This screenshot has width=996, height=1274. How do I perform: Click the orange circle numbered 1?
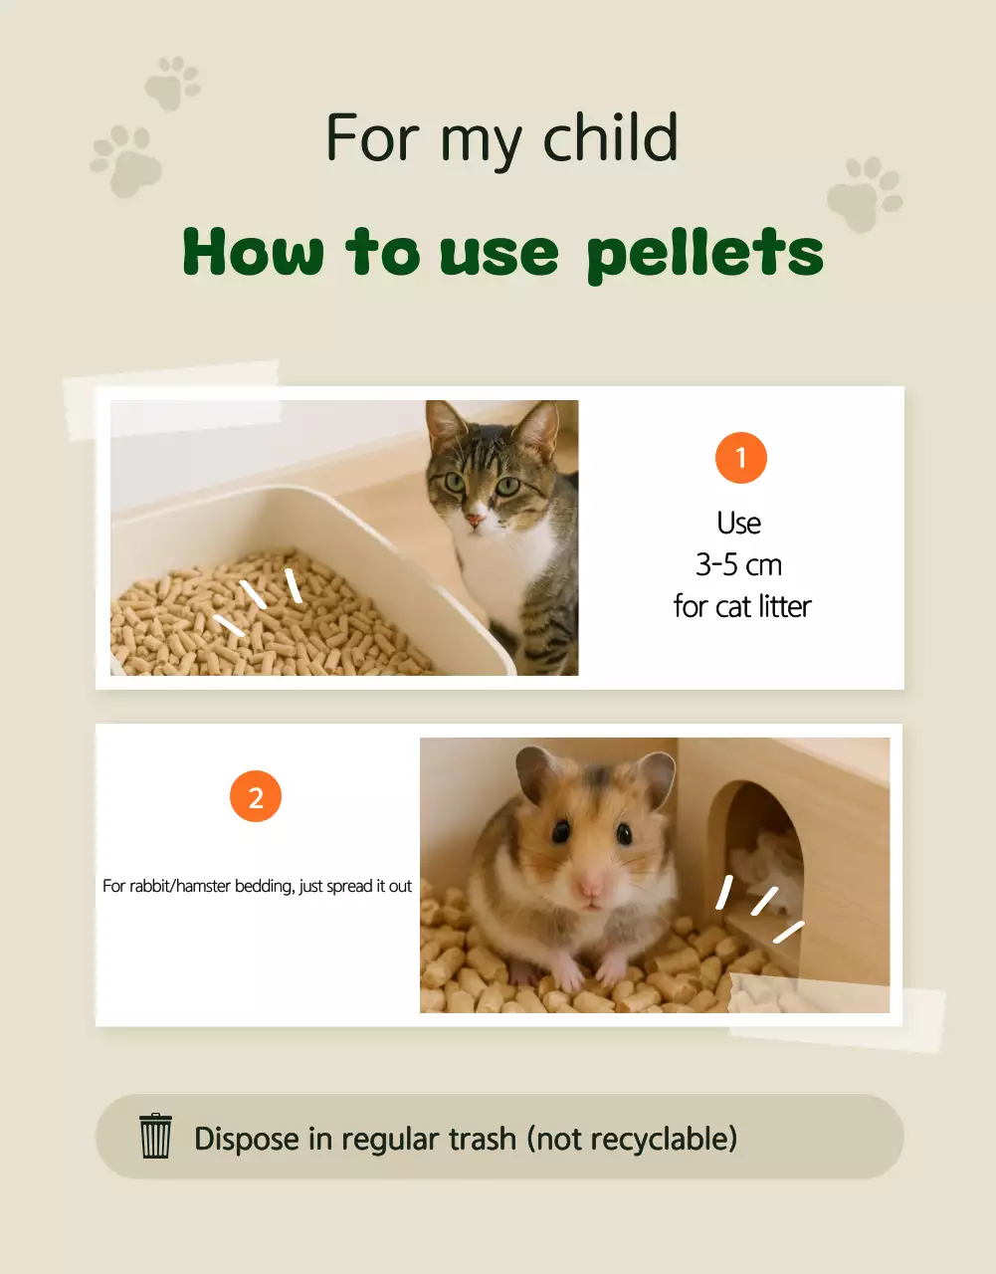pyautogui.click(x=740, y=458)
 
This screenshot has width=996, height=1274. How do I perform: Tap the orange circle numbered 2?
pyautogui.click(x=256, y=796)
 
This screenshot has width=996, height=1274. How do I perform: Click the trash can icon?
pyautogui.click(x=155, y=1137)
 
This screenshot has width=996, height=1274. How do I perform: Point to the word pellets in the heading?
pyautogui.click(x=704, y=255)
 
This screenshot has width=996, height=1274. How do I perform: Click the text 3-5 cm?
pyautogui.click(x=739, y=565)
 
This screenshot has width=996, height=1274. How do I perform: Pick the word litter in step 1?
pyautogui.click(x=784, y=606)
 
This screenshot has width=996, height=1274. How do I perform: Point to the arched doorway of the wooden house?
pyautogui.click(x=764, y=846)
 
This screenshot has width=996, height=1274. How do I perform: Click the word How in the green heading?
pyautogui.click(x=253, y=253)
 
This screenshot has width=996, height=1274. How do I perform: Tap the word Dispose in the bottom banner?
pyautogui.click(x=247, y=1138)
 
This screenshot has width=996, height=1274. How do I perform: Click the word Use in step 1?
pyautogui.click(x=739, y=524)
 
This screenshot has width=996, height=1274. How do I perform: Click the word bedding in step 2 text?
pyautogui.click(x=263, y=886)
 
